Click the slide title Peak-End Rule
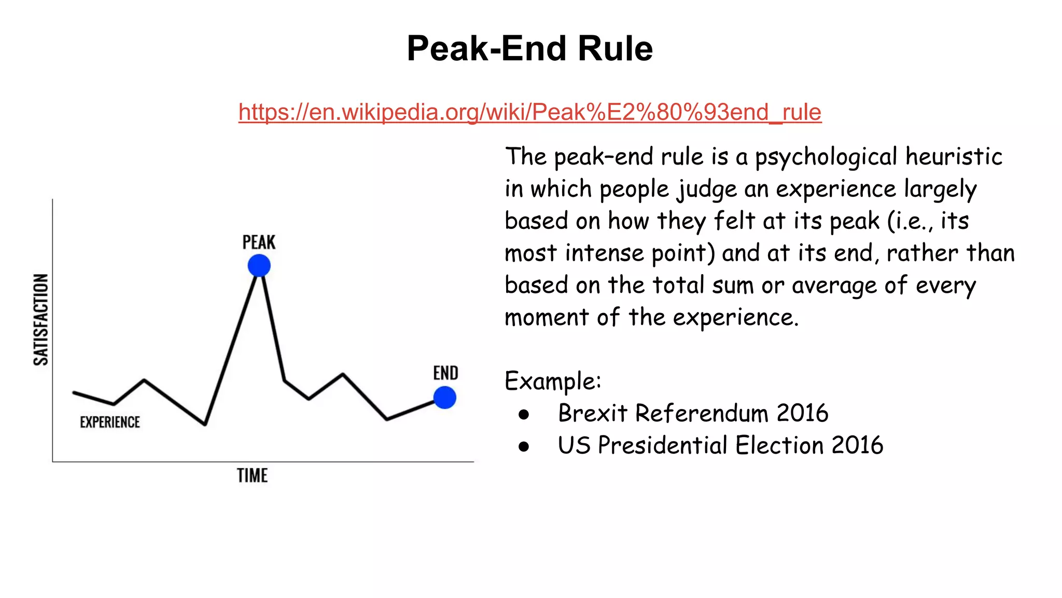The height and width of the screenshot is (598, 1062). coord(529,48)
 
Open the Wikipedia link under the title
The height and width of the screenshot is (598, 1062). coord(529,112)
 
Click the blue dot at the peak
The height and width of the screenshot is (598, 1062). coord(259,266)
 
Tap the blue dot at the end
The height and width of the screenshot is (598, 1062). coord(444,398)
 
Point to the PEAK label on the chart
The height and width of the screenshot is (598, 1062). coord(259,242)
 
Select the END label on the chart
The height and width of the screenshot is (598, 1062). coord(445,373)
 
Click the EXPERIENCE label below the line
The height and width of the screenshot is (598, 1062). coord(110,422)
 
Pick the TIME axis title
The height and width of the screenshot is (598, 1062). coord(252,475)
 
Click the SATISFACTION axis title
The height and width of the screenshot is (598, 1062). coord(41,320)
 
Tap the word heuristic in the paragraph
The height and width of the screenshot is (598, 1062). coord(954,156)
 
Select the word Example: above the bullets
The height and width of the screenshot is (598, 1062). coord(553,382)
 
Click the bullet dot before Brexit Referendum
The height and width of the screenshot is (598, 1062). coord(524,414)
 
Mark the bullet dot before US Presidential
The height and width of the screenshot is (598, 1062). coord(524,446)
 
